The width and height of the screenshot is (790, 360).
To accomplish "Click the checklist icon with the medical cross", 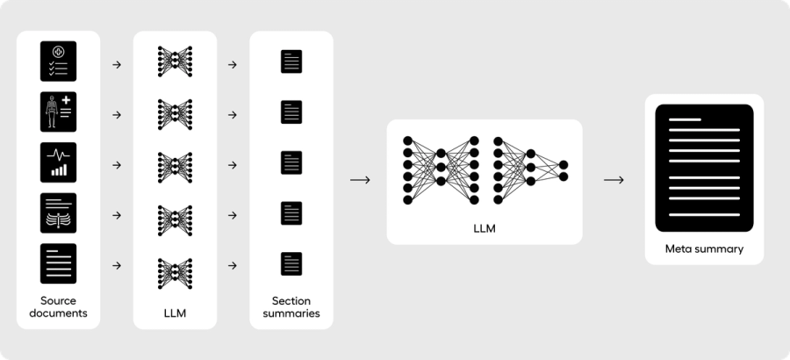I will pyautogui.click(x=58, y=61).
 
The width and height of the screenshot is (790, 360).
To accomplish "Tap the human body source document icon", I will pyautogui.click(x=58, y=112).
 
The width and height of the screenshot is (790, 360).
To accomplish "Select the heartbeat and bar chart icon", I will pyautogui.click(x=58, y=162).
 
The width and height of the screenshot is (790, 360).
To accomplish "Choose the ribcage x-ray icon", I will pyautogui.click(x=58, y=212).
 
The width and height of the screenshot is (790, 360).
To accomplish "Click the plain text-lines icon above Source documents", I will pyautogui.click(x=58, y=263).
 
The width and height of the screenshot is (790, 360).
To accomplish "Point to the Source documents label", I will pyautogui.click(x=58, y=306).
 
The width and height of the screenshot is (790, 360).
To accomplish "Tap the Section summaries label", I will pyautogui.click(x=291, y=306).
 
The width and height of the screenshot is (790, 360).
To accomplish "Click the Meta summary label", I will pyautogui.click(x=704, y=248).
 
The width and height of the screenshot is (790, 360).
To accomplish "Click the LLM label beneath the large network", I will pyautogui.click(x=485, y=228).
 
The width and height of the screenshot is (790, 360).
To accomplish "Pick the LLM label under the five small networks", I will pyautogui.click(x=175, y=312).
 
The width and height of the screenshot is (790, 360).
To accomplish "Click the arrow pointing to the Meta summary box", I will pyautogui.click(x=614, y=180).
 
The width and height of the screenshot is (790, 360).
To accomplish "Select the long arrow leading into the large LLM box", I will pyautogui.click(x=360, y=180).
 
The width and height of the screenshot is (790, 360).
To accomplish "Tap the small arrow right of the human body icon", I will pyautogui.click(x=117, y=114).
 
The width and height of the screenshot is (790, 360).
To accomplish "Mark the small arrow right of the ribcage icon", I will pyautogui.click(x=117, y=214).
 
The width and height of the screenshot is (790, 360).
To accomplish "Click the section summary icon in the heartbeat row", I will pyautogui.click(x=291, y=162).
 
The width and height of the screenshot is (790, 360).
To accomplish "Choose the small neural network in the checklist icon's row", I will pyautogui.click(x=175, y=62).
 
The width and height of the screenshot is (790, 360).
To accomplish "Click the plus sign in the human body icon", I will pyautogui.click(x=66, y=102).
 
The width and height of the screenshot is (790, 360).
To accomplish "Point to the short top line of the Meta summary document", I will pyautogui.click(x=686, y=119).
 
